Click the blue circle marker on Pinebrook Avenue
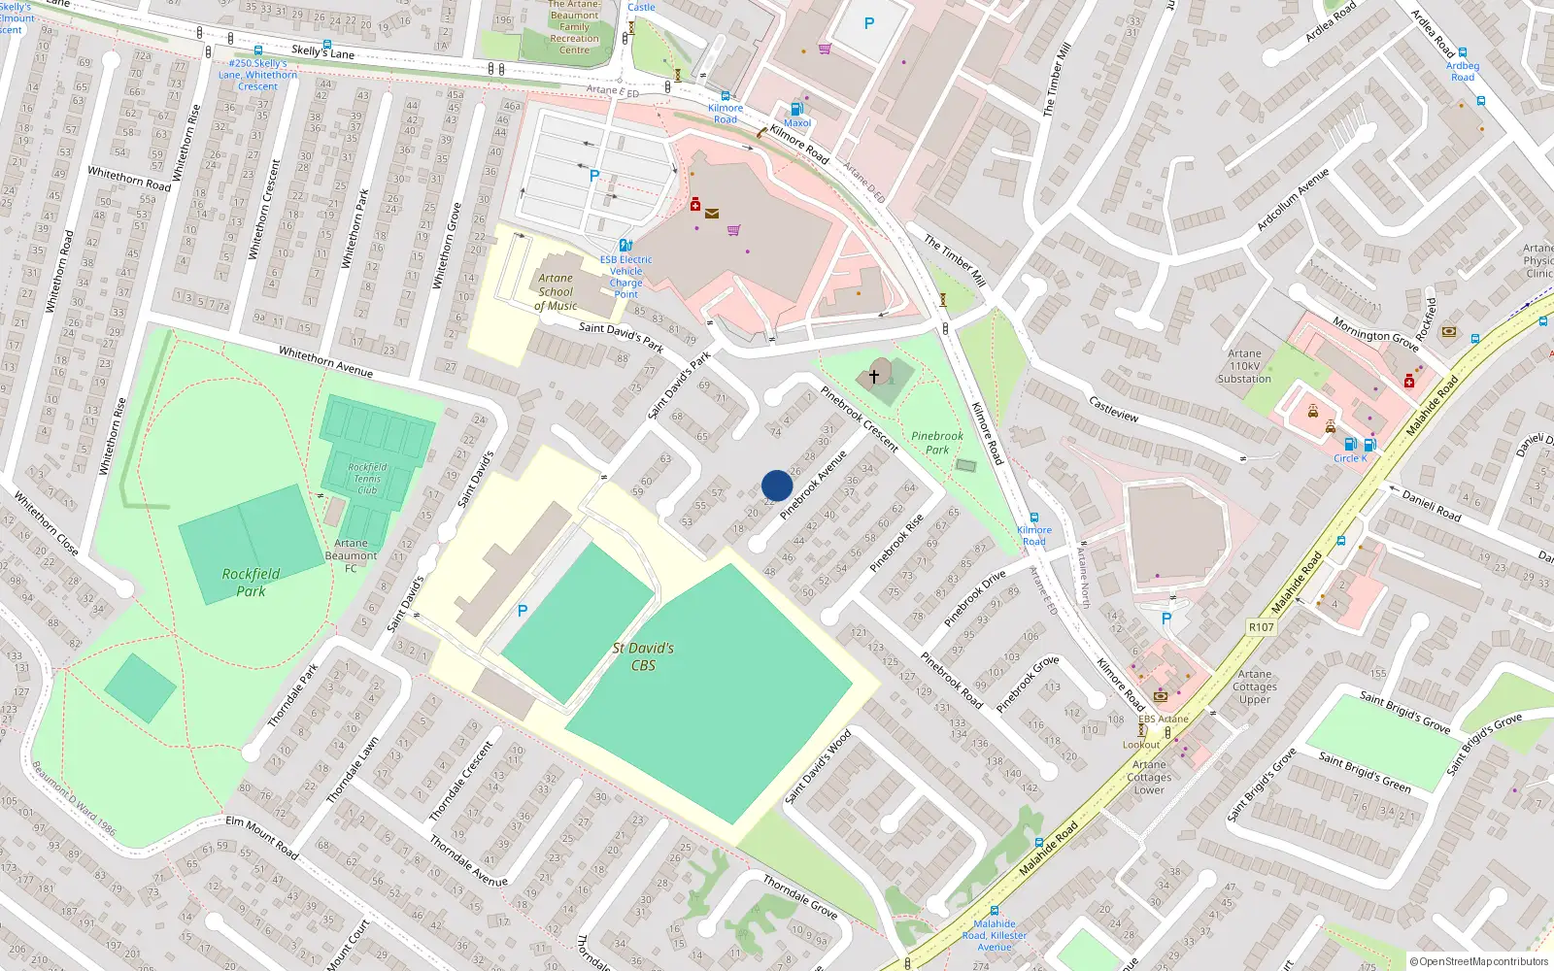pyautogui.click(x=777, y=485)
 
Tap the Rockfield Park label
pyautogui.click(x=251, y=583)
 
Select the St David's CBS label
pyautogui.click(x=643, y=656)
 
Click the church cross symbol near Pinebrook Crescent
pyautogui.click(x=874, y=376)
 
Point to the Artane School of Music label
pyautogui.click(x=556, y=291)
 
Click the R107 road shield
pyautogui.click(x=1261, y=627)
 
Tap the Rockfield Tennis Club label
pyautogui.click(x=367, y=479)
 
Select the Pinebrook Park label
pyautogui.click(x=937, y=443)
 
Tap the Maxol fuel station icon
pyautogui.click(x=796, y=109)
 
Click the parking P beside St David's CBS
pyautogui.click(x=523, y=611)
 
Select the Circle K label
pyautogui.click(x=1350, y=458)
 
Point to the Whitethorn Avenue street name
pyautogui.click(x=325, y=361)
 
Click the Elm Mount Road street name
pyautogui.click(x=261, y=836)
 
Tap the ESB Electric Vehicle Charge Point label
pyautogui.click(x=625, y=277)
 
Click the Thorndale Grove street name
pyautogui.click(x=799, y=897)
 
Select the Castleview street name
pyautogui.click(x=1113, y=409)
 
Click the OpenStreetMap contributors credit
pyautogui.click(x=1479, y=961)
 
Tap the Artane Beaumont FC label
pyautogui.click(x=351, y=555)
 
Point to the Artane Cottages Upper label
pyautogui.click(x=1255, y=686)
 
